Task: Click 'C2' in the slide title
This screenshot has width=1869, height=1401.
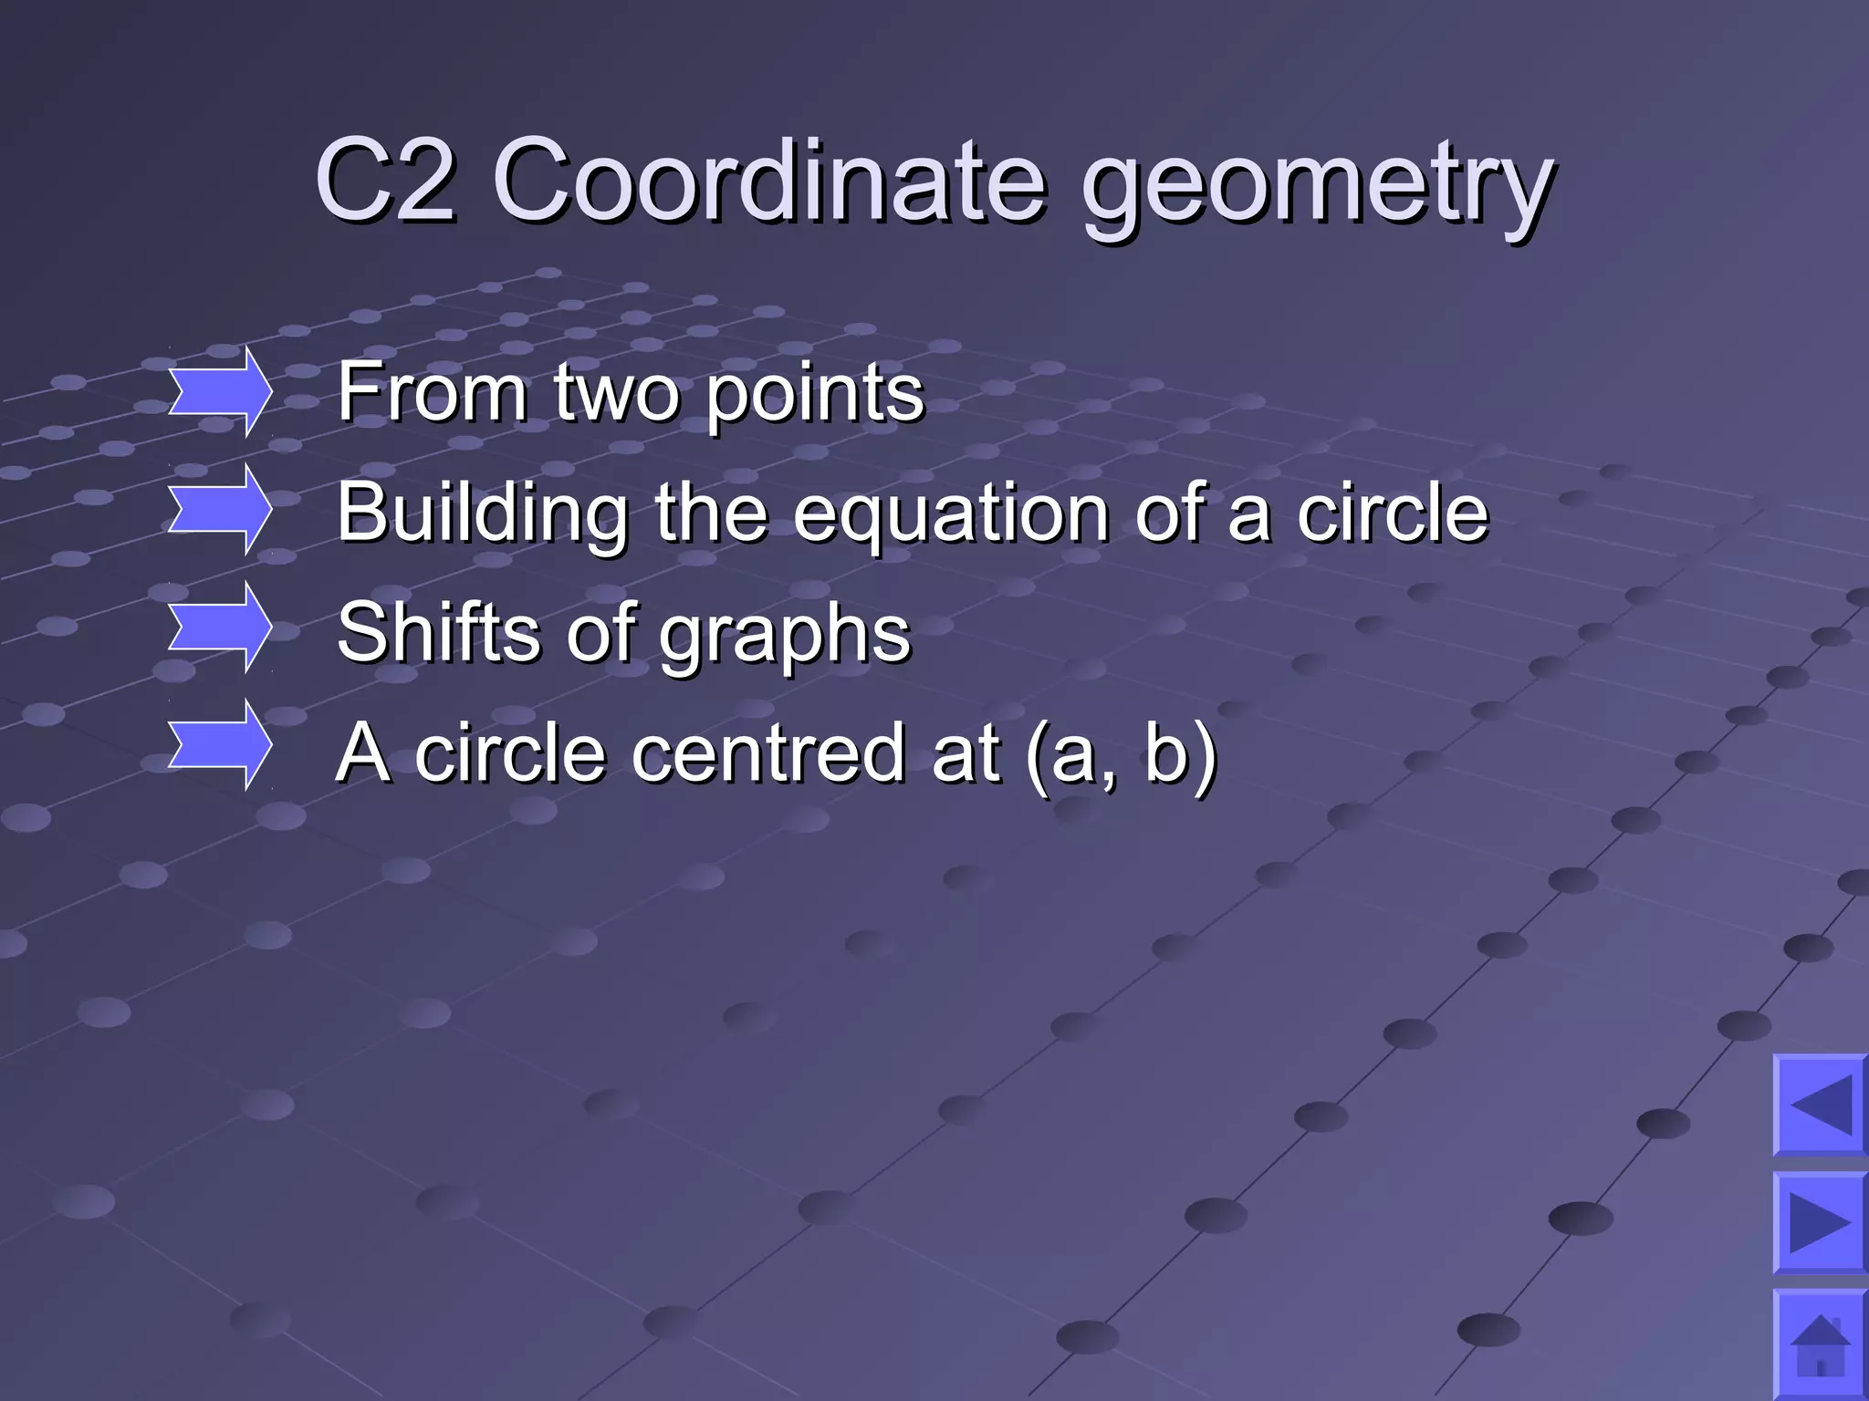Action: click(384, 180)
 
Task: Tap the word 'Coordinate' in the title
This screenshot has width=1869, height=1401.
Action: click(768, 180)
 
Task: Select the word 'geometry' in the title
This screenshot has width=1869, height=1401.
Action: click(1317, 187)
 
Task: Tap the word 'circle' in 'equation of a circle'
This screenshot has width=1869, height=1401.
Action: click(1393, 513)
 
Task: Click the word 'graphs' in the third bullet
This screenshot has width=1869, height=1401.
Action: click(785, 637)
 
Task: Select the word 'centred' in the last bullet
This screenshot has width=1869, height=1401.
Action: click(768, 753)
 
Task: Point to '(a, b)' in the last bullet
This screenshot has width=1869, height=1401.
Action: click(1122, 755)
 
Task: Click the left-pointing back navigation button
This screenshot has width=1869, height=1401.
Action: click(1821, 1105)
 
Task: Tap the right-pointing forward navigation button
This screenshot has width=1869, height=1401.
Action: click(1821, 1222)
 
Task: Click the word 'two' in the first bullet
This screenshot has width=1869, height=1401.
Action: click(616, 394)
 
